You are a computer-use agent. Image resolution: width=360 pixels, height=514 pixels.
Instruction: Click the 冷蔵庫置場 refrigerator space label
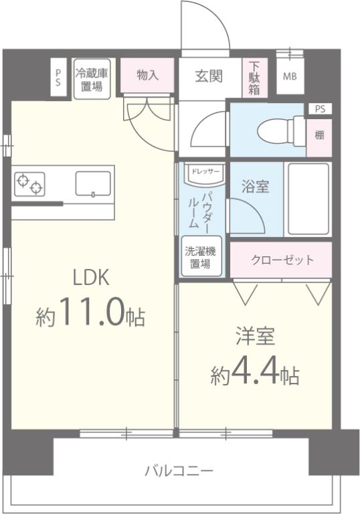pyautogui.click(x=92, y=80)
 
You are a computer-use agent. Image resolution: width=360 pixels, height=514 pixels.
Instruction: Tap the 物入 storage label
pyautogui.click(x=147, y=76)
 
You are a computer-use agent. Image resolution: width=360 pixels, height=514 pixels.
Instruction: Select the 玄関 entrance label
pyautogui.click(x=209, y=76)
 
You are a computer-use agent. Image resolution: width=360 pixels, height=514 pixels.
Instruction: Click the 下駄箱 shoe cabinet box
pyautogui.click(x=255, y=79)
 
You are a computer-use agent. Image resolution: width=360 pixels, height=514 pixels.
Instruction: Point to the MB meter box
pyautogui.click(x=289, y=76)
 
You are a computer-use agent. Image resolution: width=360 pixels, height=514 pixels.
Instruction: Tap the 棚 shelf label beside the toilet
pyautogui.click(x=319, y=135)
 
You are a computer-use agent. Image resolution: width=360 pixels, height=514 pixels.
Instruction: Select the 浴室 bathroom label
pyautogui.click(x=255, y=187)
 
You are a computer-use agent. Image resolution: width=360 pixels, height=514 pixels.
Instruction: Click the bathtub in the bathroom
pyautogui.click(x=308, y=199)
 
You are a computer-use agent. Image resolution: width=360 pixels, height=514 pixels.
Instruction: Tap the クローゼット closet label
pyautogui.click(x=282, y=260)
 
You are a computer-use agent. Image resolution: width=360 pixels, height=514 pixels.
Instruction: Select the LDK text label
pyautogui.click(x=90, y=277)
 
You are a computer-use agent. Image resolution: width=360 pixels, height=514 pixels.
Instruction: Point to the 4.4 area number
pyautogui.click(x=256, y=373)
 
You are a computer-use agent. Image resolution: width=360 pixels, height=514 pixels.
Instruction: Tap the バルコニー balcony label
pyautogui.click(x=180, y=470)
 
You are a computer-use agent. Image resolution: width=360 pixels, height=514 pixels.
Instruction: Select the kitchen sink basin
pyautogui.click(x=93, y=183)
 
